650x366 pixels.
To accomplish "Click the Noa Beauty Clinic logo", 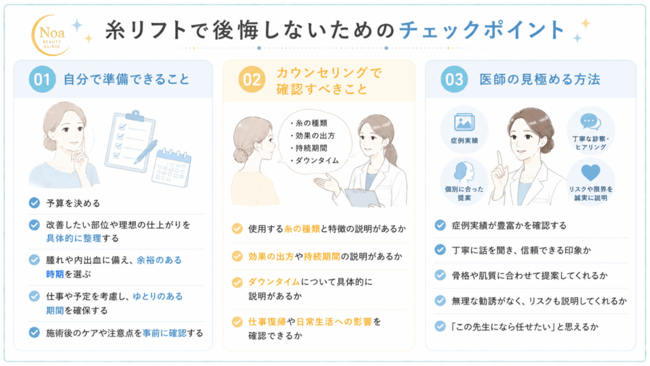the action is coord(50,36).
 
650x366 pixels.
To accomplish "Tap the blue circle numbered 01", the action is coord(42,79).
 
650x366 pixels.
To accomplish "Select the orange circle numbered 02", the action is coord(251,79).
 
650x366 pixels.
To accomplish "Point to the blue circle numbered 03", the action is coord(454,79).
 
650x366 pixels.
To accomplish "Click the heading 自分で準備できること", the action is coord(126,79).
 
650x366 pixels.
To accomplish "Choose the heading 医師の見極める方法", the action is coord(540,79).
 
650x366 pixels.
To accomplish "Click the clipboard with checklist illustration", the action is coord(130,141).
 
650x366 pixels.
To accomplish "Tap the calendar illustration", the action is coord(171,167).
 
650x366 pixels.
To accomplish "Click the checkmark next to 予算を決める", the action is coord(34,203).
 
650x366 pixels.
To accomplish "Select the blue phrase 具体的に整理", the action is coord(74,238).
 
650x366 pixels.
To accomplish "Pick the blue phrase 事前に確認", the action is coord(164,333).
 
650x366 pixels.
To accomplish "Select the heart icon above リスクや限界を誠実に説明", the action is coord(591,173).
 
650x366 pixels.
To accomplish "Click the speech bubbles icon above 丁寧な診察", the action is coord(591,122).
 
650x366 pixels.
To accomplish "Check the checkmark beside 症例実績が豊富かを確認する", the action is coord(440,226).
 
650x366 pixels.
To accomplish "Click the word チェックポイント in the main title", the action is coord(482,30).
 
